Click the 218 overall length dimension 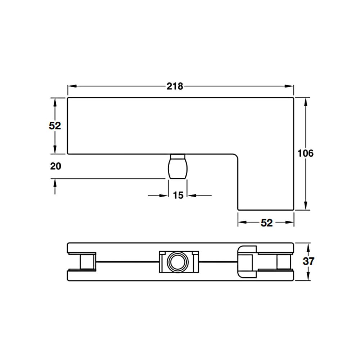coord(175,86)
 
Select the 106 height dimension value coord(305,153)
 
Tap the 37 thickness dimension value coord(309,261)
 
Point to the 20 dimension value coord(55,166)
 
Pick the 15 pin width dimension coord(178,195)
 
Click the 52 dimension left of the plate coord(55,126)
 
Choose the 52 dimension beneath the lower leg coord(266,223)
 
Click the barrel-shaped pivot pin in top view coord(178,166)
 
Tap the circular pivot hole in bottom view coord(177,262)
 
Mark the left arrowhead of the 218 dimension coord(72,86)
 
